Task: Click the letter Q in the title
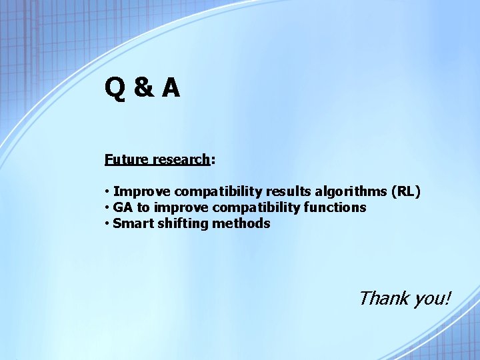coord(114,88)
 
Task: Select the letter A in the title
coord(170,88)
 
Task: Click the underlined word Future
coord(126,160)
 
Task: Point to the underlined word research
coord(181,160)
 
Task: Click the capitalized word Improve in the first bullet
coord(142,192)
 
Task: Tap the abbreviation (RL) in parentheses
coord(407,192)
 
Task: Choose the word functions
coord(336,207)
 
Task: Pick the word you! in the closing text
coord(432,299)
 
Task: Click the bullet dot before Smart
coord(107,224)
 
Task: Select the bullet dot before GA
coord(107,208)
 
